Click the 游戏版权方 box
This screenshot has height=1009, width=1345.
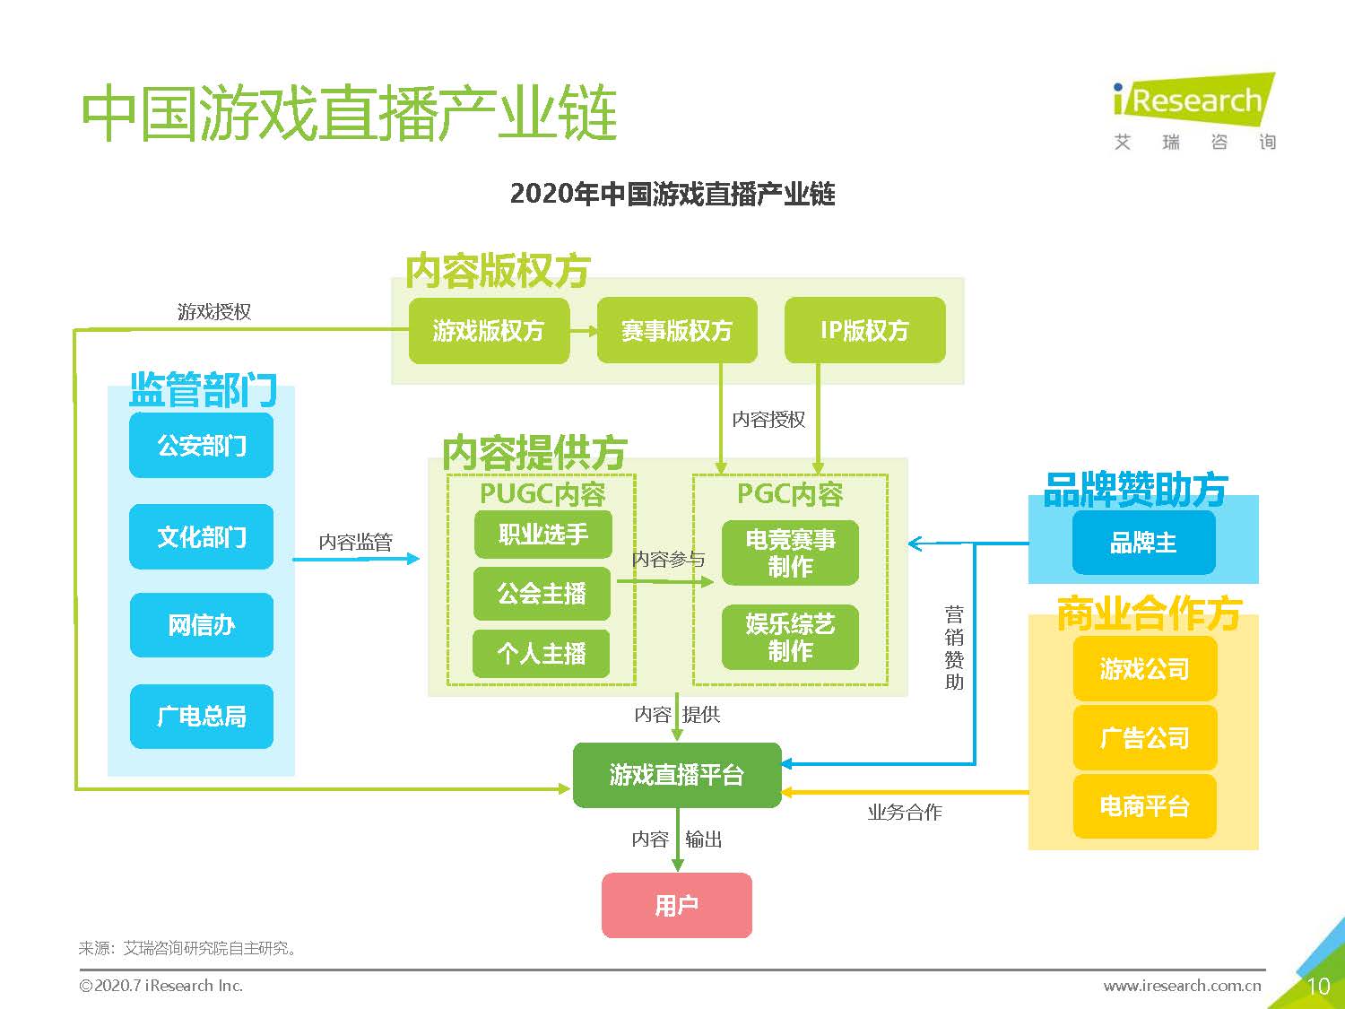489,331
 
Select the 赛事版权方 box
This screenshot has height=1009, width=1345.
677,331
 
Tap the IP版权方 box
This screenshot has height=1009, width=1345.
864,331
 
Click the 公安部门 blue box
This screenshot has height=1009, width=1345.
202,445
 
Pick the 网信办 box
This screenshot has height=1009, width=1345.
202,625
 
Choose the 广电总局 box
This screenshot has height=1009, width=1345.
202,716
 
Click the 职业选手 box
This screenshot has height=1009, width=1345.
543,535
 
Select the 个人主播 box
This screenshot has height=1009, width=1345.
542,654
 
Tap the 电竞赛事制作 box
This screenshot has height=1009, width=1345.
790,552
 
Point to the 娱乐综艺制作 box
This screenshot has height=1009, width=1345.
790,637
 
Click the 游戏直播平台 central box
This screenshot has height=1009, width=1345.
677,775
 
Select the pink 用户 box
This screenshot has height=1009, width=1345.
677,905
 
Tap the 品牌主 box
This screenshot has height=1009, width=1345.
1143,543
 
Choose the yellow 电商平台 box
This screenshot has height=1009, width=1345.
1145,806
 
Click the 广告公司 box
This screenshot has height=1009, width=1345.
1145,738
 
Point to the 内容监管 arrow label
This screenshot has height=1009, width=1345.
356,542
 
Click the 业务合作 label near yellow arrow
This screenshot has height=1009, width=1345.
905,813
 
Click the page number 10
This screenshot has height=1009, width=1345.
1318,987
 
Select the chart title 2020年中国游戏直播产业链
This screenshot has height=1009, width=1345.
672,194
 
